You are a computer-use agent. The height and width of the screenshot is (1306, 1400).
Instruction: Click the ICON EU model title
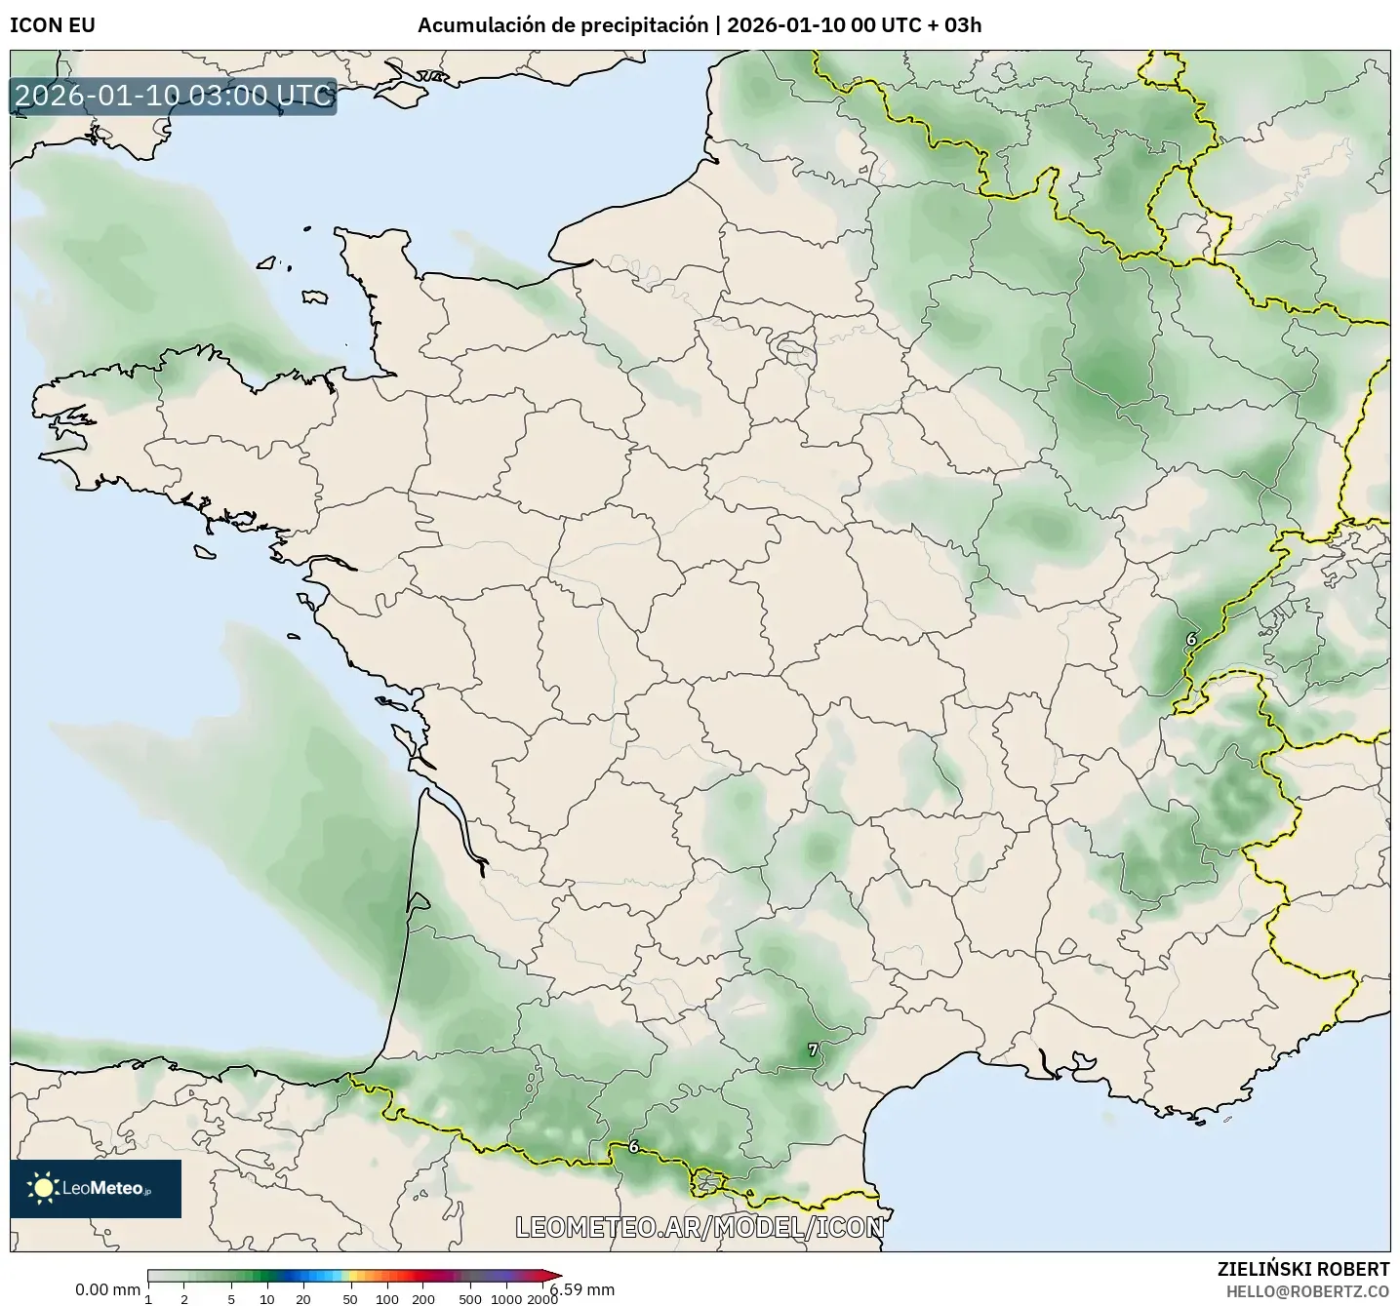(x=53, y=25)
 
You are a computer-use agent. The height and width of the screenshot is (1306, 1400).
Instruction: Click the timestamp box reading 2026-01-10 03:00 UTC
(x=174, y=96)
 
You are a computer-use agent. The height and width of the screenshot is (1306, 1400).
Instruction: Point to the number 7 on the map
(x=813, y=1050)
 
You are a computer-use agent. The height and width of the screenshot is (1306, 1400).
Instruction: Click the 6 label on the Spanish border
(x=634, y=1146)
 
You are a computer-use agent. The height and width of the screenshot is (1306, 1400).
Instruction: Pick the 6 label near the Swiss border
(x=1190, y=639)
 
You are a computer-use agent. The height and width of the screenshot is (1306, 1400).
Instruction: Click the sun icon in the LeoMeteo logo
(x=43, y=1188)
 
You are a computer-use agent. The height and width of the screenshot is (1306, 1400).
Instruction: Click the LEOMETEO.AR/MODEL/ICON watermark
(x=700, y=1227)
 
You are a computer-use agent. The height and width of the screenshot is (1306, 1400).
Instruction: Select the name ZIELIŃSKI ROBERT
(x=1303, y=1269)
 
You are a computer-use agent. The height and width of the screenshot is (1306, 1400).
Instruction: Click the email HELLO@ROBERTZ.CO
(x=1307, y=1290)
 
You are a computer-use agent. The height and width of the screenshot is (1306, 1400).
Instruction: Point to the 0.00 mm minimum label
(x=107, y=1289)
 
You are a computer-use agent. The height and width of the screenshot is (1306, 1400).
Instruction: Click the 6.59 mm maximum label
(x=583, y=1289)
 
